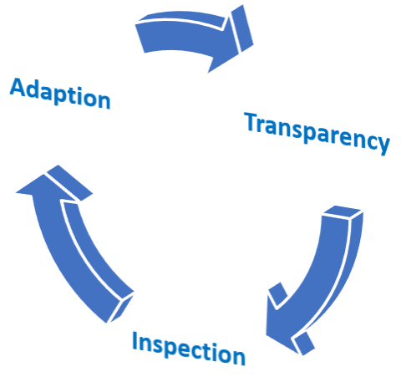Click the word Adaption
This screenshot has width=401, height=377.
[x=60, y=94]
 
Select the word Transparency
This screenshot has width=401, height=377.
[x=317, y=133]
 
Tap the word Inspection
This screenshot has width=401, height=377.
[x=189, y=349]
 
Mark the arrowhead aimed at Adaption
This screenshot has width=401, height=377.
[x=52, y=184]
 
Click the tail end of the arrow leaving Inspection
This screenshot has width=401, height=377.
[x=120, y=308]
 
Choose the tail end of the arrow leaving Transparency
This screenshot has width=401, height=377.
[x=343, y=212]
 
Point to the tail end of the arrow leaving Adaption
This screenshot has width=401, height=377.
[x=140, y=36]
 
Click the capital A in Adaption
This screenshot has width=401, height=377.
[x=18, y=87]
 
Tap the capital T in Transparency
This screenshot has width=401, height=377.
[x=252, y=122]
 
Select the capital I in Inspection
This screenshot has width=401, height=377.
[x=135, y=341]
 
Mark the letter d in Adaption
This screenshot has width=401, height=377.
[x=33, y=89]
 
